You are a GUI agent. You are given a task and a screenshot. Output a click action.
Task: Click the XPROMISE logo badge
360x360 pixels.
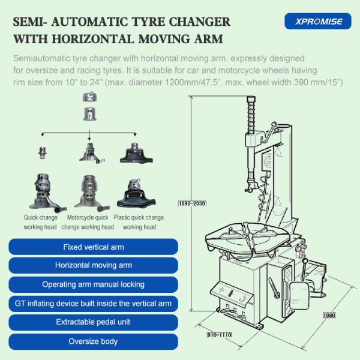click(318, 21)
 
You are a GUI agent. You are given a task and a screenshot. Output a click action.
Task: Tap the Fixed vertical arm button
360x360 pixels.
click(93, 247)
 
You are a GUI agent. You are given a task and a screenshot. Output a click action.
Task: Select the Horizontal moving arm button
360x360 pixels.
click(93, 265)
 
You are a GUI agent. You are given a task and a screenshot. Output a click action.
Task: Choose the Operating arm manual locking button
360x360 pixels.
click(93, 284)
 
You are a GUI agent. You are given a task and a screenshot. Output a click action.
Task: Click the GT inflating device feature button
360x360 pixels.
click(93, 304)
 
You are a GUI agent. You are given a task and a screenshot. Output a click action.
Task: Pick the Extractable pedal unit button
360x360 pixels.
click(93, 322)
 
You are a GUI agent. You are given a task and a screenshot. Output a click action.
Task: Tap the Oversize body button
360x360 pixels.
click(93, 341)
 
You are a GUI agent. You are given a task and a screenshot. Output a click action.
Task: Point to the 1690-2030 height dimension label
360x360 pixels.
click(192, 203)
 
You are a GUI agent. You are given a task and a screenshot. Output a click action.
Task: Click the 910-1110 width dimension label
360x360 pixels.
click(219, 335)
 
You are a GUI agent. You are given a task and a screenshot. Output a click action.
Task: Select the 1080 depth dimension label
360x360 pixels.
click(329, 315)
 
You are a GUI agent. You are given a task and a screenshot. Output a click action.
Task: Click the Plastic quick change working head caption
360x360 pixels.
click(139, 222)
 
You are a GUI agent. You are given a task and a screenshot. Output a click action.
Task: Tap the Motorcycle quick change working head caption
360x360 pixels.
click(88, 222)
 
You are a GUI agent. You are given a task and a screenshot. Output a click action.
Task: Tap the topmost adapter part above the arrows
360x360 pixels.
click(90, 97)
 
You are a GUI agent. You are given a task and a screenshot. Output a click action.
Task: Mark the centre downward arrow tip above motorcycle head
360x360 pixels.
click(89, 140)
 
